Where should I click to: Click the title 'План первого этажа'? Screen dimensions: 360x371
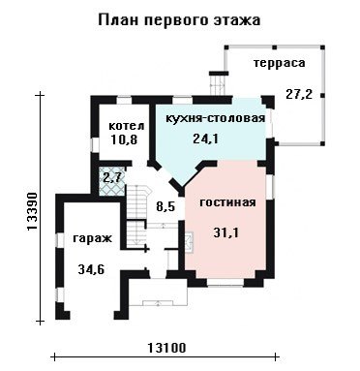pyautogui.click(x=179, y=20)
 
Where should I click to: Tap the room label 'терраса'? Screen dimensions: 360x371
pyautogui.click(x=279, y=63)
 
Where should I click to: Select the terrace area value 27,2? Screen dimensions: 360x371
pyautogui.click(x=299, y=94)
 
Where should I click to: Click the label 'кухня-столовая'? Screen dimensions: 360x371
pyautogui.click(x=216, y=118)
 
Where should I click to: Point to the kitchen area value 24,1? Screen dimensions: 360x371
pyautogui.click(x=205, y=139)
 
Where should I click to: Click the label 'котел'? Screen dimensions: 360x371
pyautogui.click(x=127, y=126)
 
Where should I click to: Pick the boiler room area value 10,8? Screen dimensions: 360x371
pyautogui.click(x=124, y=139)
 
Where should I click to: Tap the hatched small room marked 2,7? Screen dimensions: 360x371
pyautogui.click(x=111, y=181)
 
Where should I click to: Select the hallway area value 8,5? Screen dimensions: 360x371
pyautogui.click(x=165, y=206)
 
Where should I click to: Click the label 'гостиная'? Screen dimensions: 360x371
pyautogui.click(x=227, y=202)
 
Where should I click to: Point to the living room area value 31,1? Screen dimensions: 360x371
pyautogui.click(x=226, y=232)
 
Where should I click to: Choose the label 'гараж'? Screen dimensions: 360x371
pyautogui.click(x=92, y=238)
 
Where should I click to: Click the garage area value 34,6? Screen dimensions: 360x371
pyautogui.click(x=91, y=269)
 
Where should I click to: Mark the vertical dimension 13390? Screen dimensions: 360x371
pyautogui.click(x=32, y=211)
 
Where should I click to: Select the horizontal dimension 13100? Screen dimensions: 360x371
pyautogui.click(x=166, y=348)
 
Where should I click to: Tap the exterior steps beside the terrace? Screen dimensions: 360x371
pyautogui.click(x=219, y=83)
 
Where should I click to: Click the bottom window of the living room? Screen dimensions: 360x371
pyautogui.click(x=225, y=283)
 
